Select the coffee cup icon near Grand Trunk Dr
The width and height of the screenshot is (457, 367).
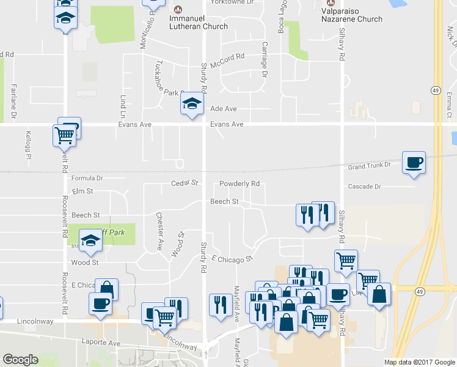(414, 162)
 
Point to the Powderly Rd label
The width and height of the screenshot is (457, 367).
(239, 183)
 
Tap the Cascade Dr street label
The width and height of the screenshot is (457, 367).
(364, 187)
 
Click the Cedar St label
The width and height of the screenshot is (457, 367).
(185, 182)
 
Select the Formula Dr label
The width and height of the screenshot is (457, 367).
(87, 179)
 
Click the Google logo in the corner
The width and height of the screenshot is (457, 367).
(20, 360)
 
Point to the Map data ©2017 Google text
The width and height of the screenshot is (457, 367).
(420, 362)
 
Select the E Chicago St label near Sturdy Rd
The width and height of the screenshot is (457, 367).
(232, 259)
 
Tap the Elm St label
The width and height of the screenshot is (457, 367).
(81, 191)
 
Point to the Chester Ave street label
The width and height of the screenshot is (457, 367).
(159, 232)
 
